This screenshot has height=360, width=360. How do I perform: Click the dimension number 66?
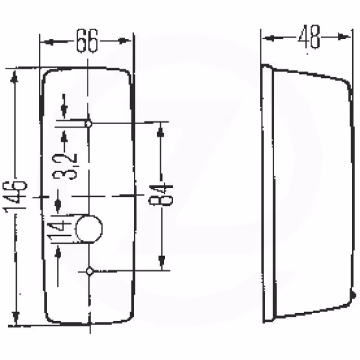(87, 41)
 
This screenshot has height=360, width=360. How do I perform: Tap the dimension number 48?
(309, 36)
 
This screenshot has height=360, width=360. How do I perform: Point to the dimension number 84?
(160, 194)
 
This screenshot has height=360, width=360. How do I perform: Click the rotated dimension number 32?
(65, 166)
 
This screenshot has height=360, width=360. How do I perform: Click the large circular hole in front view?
(89, 229)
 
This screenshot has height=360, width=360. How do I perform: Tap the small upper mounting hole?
(88, 124)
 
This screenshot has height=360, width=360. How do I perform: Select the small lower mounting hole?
(89, 271)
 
